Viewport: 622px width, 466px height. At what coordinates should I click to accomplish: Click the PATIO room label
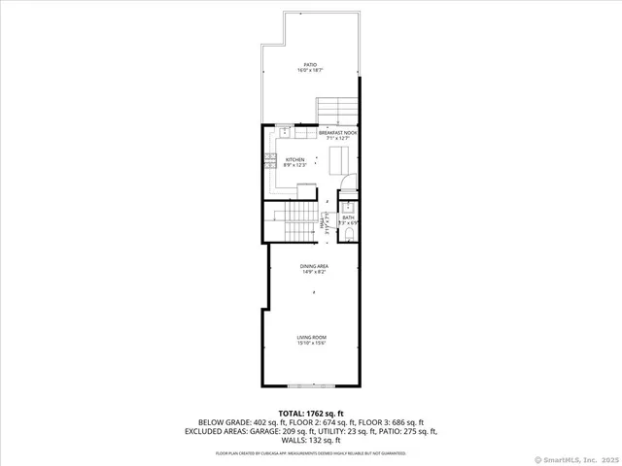310,65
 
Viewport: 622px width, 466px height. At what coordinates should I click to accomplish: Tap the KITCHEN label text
294,159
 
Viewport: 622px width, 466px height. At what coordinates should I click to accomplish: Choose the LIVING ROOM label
311,337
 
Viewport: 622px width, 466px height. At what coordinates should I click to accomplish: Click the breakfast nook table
340,158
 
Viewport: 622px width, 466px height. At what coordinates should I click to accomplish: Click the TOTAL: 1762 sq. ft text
311,413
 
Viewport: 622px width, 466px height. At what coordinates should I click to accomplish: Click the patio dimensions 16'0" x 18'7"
310,71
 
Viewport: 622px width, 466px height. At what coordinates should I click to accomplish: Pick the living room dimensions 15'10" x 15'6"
311,343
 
